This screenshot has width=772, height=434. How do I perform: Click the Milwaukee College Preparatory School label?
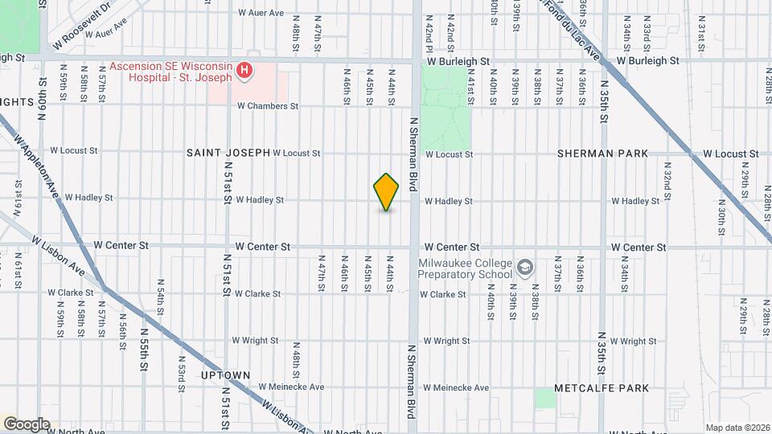[465, 268]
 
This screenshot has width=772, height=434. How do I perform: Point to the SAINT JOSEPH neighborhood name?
[228, 153]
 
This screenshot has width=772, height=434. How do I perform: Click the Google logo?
[27, 424]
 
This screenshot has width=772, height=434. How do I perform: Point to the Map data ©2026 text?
[737, 428]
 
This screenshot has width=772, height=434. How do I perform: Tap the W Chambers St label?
[268, 106]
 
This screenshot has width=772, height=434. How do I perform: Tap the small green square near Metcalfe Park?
[545, 398]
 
